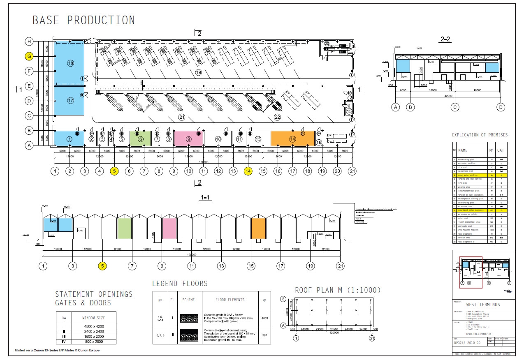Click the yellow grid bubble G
[29, 56]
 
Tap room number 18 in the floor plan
[70, 63]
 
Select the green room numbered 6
[141, 139]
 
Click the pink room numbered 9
[188, 139]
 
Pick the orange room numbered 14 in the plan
[292, 138]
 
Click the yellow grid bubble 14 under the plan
[248, 171]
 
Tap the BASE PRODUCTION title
[83, 20]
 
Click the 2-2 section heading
[445, 39]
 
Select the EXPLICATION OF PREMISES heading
[480, 135]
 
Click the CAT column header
[501, 150]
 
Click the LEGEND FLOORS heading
[180, 284]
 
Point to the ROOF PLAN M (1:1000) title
[338, 290]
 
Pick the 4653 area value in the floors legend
[265, 318]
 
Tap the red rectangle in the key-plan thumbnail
[471, 272]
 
